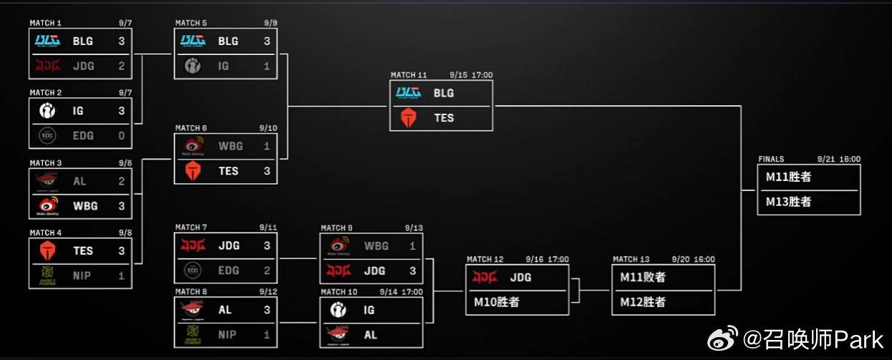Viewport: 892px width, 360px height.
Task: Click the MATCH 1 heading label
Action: pos(45,23)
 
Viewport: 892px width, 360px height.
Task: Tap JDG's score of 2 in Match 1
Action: pos(122,66)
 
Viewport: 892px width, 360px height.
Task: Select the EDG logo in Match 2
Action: pos(47,136)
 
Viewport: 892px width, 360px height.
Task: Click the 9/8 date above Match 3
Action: pos(125,163)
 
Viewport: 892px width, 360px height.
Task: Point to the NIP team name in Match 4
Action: pos(82,276)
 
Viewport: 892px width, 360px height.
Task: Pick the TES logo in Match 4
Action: pos(47,250)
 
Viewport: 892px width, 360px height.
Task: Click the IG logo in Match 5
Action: pos(193,66)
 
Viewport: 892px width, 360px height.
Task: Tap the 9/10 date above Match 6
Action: pos(268,128)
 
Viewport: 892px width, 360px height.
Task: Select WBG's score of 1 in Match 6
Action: pos(267,146)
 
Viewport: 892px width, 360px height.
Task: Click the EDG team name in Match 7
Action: pos(228,271)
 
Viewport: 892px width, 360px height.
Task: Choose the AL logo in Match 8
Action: pos(193,310)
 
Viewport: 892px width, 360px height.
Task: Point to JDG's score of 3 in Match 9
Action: pos(412,271)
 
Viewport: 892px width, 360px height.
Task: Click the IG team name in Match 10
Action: pos(369,310)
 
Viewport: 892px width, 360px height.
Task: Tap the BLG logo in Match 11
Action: pos(408,93)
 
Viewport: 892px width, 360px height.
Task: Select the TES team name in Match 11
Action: pos(444,118)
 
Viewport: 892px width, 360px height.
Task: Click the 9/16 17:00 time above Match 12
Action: pos(547,259)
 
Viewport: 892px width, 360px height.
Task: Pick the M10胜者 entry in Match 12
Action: pos(497,302)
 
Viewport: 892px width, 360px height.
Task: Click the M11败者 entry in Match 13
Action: pos(643,277)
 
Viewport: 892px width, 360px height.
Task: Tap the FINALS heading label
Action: pos(771,160)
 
